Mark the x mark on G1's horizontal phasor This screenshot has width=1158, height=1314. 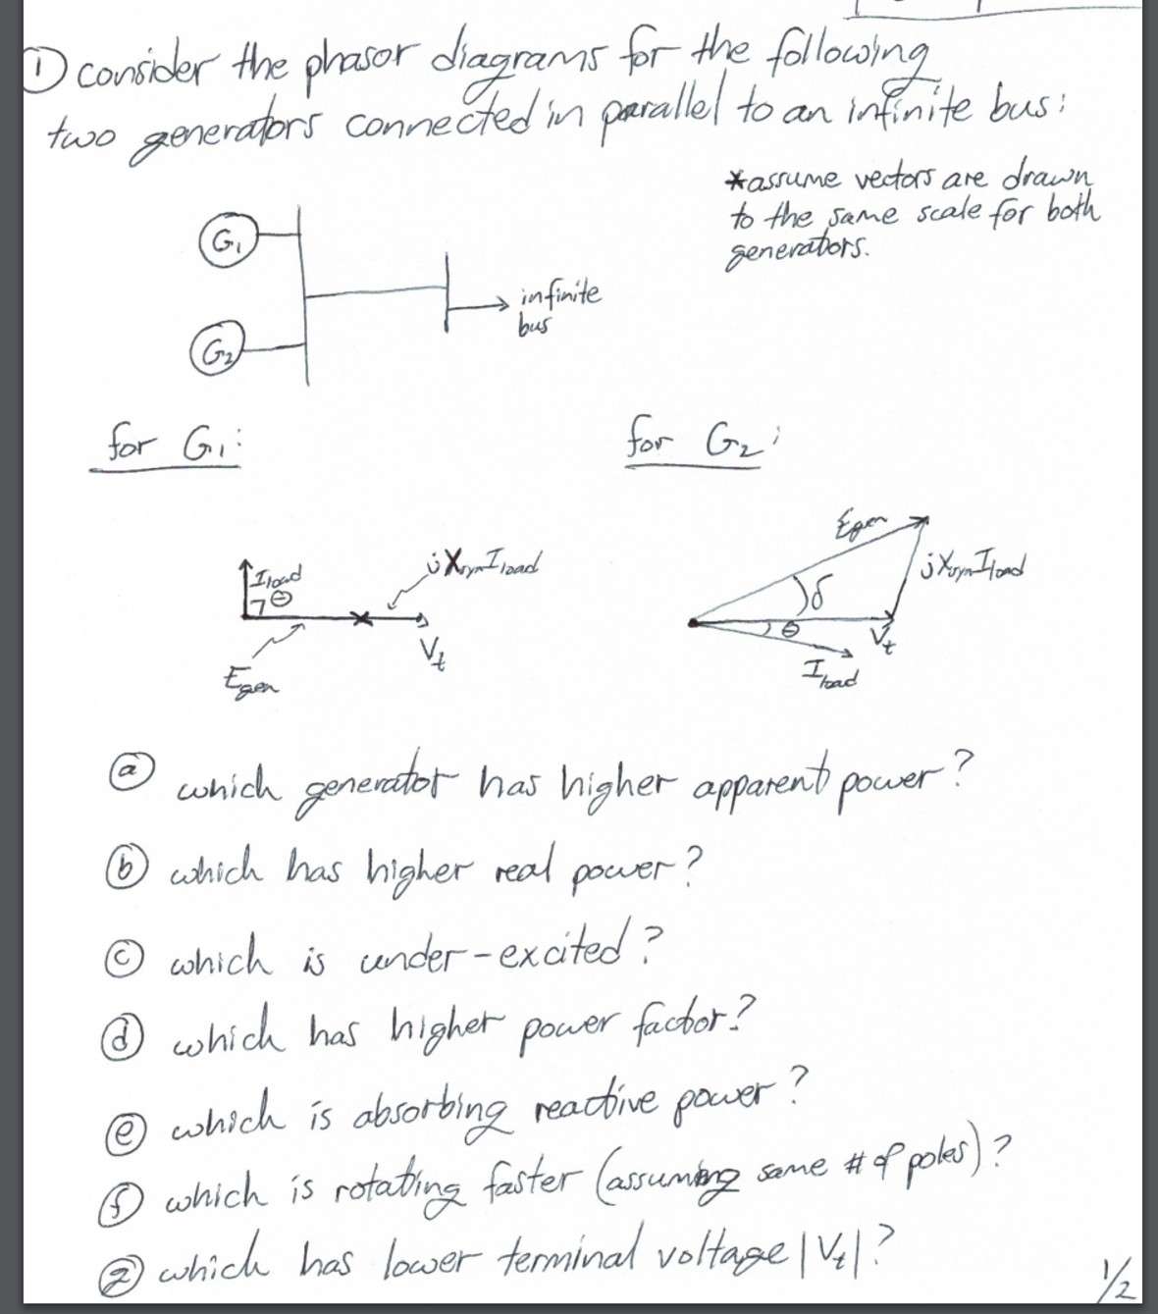(x=362, y=618)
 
